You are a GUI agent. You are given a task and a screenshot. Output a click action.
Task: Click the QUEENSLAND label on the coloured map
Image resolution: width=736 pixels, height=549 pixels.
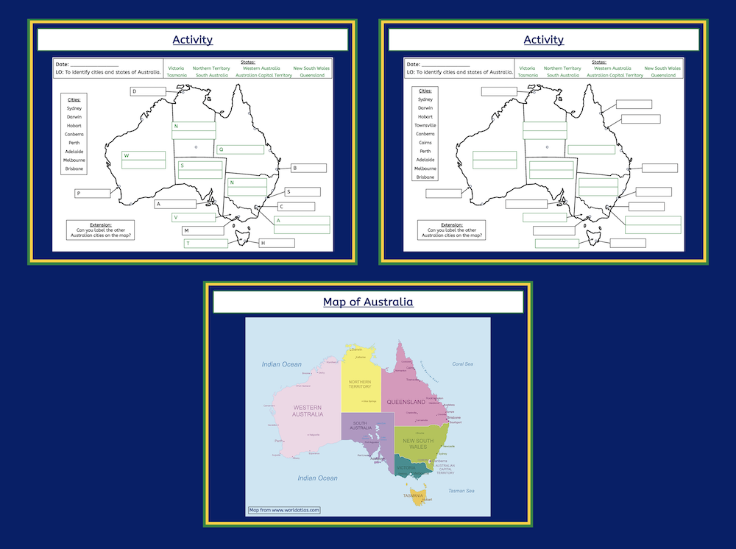click(x=411, y=403)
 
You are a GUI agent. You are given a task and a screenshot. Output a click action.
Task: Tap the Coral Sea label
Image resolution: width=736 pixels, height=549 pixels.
click(x=462, y=364)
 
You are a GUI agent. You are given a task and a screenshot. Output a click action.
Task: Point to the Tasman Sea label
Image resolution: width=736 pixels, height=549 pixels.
click(x=461, y=491)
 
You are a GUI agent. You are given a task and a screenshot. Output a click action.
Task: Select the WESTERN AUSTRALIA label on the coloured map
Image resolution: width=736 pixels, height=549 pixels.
click(x=308, y=411)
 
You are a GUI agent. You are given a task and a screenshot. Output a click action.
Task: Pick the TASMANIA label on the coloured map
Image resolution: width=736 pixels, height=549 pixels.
click(x=413, y=495)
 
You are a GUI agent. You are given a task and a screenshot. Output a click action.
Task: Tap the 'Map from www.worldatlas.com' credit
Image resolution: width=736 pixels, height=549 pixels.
click(x=284, y=509)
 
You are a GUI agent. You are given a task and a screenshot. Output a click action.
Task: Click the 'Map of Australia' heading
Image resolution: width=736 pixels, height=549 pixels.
click(x=368, y=302)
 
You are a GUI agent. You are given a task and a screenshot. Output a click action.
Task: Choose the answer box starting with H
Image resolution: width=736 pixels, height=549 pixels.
click(x=276, y=243)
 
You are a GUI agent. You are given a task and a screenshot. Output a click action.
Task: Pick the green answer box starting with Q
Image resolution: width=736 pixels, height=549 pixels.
click(x=240, y=149)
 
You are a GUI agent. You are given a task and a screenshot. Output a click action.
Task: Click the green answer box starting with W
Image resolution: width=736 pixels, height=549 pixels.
click(x=144, y=155)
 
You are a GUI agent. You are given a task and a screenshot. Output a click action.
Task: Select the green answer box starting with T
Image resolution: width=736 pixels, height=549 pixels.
click(x=205, y=244)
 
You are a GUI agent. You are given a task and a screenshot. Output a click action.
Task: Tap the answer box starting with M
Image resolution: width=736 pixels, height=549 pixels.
click(x=202, y=230)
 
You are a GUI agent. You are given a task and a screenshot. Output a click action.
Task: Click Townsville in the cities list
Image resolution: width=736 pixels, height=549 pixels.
click(x=425, y=125)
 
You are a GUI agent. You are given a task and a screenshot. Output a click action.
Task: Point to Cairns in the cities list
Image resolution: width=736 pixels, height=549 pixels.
click(x=425, y=143)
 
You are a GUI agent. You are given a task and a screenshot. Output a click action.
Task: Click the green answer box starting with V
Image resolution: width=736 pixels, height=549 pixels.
click(x=194, y=218)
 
